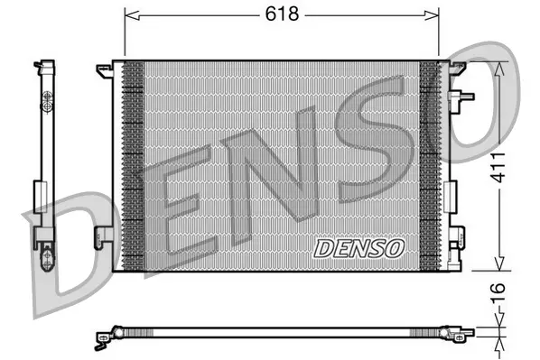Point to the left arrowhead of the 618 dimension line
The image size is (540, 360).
pyautogui.click(x=127, y=14)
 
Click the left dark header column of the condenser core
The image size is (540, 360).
pyautogui.click(x=132, y=165)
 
